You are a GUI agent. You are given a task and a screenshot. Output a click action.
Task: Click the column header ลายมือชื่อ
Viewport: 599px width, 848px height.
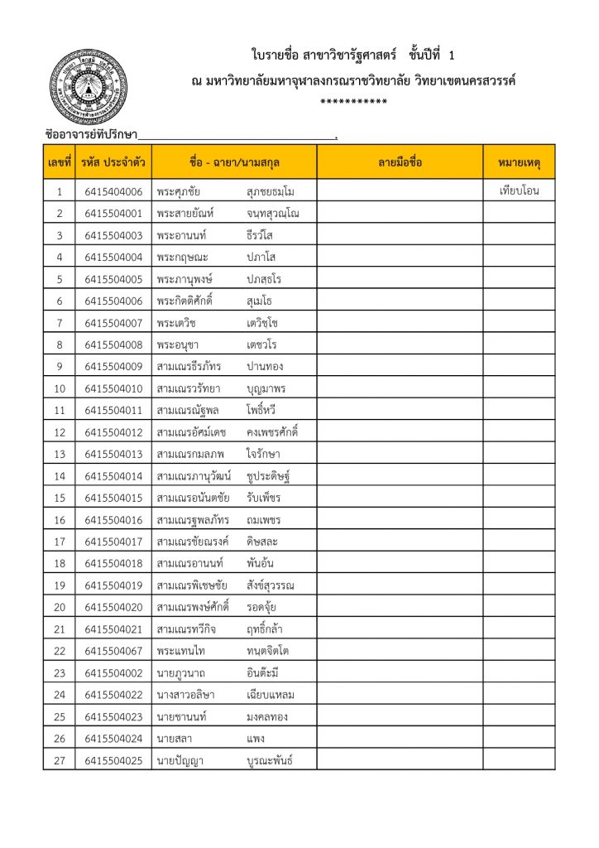tap(400, 162)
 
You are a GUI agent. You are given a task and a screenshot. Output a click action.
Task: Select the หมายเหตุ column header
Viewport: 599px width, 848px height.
tap(520, 162)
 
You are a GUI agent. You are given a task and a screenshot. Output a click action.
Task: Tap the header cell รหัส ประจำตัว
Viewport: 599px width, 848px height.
tap(113, 162)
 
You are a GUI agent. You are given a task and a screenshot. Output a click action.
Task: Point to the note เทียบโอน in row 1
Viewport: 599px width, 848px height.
tap(520, 192)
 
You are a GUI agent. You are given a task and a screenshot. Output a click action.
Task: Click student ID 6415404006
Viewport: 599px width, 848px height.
tap(113, 192)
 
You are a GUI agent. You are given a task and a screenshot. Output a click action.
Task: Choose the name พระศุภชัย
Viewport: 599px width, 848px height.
tap(179, 192)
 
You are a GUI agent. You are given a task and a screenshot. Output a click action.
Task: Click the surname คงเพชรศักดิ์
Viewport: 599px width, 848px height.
tap(272, 432)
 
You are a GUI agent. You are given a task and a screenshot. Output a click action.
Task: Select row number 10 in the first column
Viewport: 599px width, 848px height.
tap(59, 388)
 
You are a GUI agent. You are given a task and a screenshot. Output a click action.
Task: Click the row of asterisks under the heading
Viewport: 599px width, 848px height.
tap(354, 102)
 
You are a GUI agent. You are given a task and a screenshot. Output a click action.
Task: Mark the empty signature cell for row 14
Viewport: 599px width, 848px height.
tap(400, 476)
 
